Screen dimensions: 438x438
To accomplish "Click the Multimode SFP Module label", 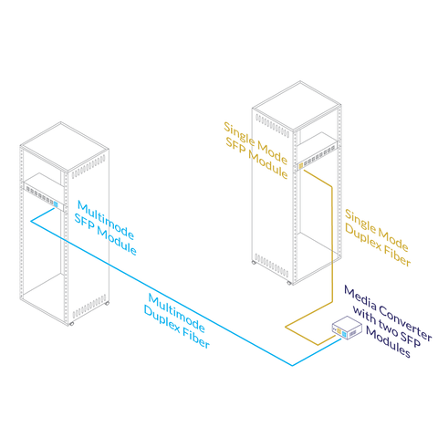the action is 105,227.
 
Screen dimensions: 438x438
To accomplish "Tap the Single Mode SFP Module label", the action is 255,151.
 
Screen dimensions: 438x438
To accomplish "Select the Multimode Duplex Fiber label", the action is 176,320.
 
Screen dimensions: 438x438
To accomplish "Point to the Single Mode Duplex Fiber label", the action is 378,238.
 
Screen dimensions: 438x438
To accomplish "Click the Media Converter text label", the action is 388,321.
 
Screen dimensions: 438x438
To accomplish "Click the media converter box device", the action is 347,328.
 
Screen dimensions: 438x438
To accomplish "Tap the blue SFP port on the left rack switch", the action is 56,204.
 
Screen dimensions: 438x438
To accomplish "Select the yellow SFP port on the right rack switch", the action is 301,166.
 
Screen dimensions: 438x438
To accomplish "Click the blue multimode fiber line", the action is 162,293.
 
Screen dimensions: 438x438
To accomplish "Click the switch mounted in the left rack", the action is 44,193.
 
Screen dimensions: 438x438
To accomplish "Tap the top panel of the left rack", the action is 65,147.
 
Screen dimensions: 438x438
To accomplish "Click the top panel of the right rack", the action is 297,106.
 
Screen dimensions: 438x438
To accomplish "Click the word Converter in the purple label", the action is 405,323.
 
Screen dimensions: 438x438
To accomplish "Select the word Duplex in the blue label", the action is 162,319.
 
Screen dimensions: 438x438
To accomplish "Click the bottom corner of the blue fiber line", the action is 292,366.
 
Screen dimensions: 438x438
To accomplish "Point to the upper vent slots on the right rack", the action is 272,125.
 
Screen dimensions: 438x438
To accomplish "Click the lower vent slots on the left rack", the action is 89,307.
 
